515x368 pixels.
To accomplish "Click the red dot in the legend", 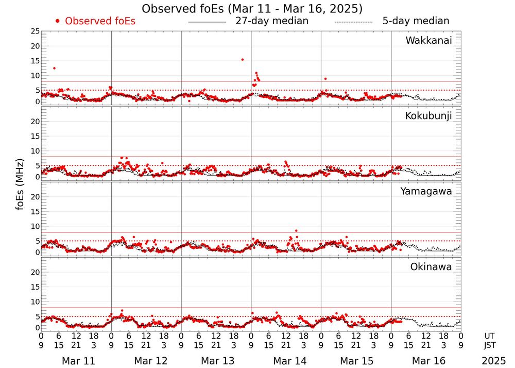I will click(x=58, y=21).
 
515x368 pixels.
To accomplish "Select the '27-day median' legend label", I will click(x=272, y=21).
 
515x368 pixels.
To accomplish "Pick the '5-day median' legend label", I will click(x=416, y=21).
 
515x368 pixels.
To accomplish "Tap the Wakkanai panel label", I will click(x=428, y=41).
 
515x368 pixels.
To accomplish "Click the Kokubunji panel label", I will click(x=428, y=116).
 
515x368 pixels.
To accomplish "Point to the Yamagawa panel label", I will click(x=426, y=191).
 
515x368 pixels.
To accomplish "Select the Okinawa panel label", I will click(x=431, y=267).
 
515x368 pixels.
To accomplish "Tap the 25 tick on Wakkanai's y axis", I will click(x=35, y=31).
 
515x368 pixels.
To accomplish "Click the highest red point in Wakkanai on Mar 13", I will click(x=242, y=59).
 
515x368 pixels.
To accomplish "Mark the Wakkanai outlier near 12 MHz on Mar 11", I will click(x=54, y=68).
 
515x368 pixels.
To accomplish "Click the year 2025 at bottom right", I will click(x=494, y=361).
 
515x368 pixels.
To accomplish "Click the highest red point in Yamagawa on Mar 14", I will click(x=296, y=230).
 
